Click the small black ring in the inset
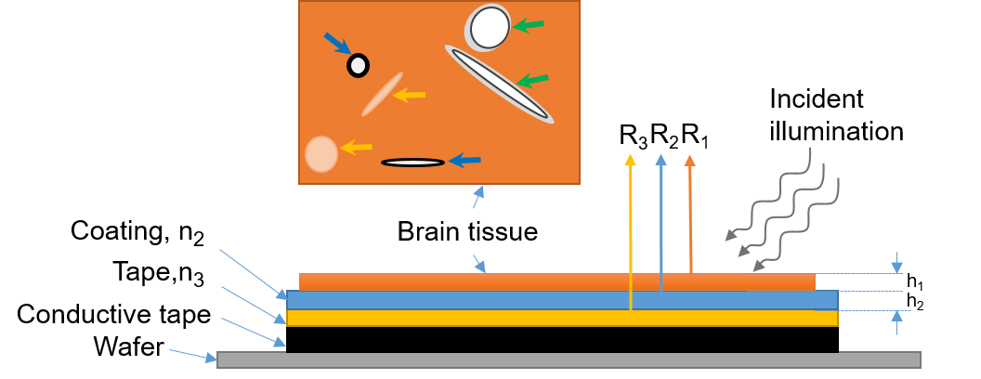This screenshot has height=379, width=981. (x=358, y=65)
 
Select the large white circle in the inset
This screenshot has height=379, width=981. (x=489, y=28)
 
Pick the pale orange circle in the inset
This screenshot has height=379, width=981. (x=320, y=153)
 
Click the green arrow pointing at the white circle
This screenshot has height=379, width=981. (x=529, y=26)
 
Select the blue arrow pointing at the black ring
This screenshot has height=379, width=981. (x=336, y=44)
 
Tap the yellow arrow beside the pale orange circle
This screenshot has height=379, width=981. (x=356, y=147)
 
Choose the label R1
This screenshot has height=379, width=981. (x=695, y=137)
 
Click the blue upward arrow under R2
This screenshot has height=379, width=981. (x=661, y=223)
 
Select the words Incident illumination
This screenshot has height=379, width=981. (x=837, y=115)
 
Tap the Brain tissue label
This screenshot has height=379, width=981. (x=467, y=230)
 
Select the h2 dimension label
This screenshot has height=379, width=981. (x=915, y=302)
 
